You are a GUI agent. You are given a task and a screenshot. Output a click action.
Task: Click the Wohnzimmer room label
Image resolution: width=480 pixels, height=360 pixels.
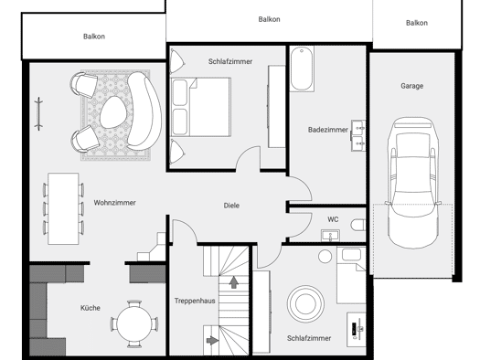click(x=114, y=203)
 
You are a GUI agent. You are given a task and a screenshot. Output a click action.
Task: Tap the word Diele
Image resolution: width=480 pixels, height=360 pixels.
click(x=231, y=206)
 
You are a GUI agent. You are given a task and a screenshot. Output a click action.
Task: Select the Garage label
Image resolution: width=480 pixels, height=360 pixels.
click(x=412, y=86)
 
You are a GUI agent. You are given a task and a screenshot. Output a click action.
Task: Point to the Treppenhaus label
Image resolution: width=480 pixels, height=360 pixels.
click(x=195, y=301)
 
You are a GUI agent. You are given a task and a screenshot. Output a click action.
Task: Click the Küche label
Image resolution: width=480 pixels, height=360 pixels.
click(x=90, y=308)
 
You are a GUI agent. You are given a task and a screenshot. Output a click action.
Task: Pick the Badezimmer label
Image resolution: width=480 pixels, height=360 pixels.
click(x=328, y=130)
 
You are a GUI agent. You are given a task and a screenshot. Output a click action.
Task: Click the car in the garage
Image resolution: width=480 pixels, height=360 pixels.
click(x=413, y=183)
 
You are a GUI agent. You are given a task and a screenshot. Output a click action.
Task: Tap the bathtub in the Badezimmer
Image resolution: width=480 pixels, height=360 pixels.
click(x=302, y=69)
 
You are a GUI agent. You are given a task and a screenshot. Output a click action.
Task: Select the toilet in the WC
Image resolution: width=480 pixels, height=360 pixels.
click(x=358, y=226)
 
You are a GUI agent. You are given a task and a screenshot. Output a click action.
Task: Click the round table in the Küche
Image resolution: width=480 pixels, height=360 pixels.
click(x=134, y=323)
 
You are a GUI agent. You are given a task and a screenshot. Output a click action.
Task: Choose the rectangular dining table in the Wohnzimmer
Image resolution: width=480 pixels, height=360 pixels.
click(x=63, y=209)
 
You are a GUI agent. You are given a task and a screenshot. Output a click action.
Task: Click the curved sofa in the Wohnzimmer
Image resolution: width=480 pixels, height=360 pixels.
click(x=144, y=111)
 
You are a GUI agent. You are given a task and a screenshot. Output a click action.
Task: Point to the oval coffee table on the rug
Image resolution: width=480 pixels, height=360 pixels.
click(x=113, y=112)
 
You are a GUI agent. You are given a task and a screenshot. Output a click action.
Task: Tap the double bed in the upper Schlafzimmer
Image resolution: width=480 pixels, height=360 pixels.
click(x=201, y=107)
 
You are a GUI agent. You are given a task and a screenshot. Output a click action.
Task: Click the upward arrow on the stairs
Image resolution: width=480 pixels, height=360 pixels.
click(x=234, y=282)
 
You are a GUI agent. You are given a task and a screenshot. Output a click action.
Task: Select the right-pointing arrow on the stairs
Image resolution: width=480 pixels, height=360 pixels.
click(x=212, y=340)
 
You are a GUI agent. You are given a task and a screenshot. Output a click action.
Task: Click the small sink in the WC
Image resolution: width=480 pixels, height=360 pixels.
click(x=330, y=235)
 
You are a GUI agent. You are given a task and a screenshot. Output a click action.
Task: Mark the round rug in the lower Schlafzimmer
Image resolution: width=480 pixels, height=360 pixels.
click(x=305, y=304)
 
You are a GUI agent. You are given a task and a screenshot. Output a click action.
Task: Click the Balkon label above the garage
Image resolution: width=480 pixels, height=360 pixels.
click(x=417, y=23)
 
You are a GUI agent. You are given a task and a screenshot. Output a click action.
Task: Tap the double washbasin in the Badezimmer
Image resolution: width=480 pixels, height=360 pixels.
click(x=358, y=135)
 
